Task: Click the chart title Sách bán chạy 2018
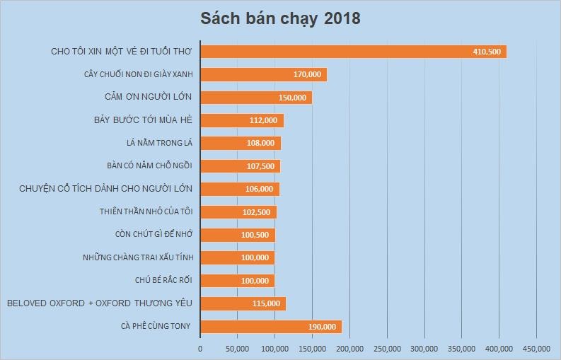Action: (x=280, y=18)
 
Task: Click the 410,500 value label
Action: (x=487, y=52)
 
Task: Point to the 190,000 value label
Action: (x=322, y=327)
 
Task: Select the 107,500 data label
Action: (x=260, y=166)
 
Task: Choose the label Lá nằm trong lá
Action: (x=155, y=143)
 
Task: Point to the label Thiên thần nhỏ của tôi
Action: (x=146, y=211)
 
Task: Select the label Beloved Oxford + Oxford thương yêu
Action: (x=100, y=303)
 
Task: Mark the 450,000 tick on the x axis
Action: (x=536, y=348)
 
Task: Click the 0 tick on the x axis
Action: (x=200, y=348)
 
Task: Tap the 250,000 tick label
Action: (x=386, y=348)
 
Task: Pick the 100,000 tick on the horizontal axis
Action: (x=274, y=348)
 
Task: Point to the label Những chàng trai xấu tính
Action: (x=137, y=257)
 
